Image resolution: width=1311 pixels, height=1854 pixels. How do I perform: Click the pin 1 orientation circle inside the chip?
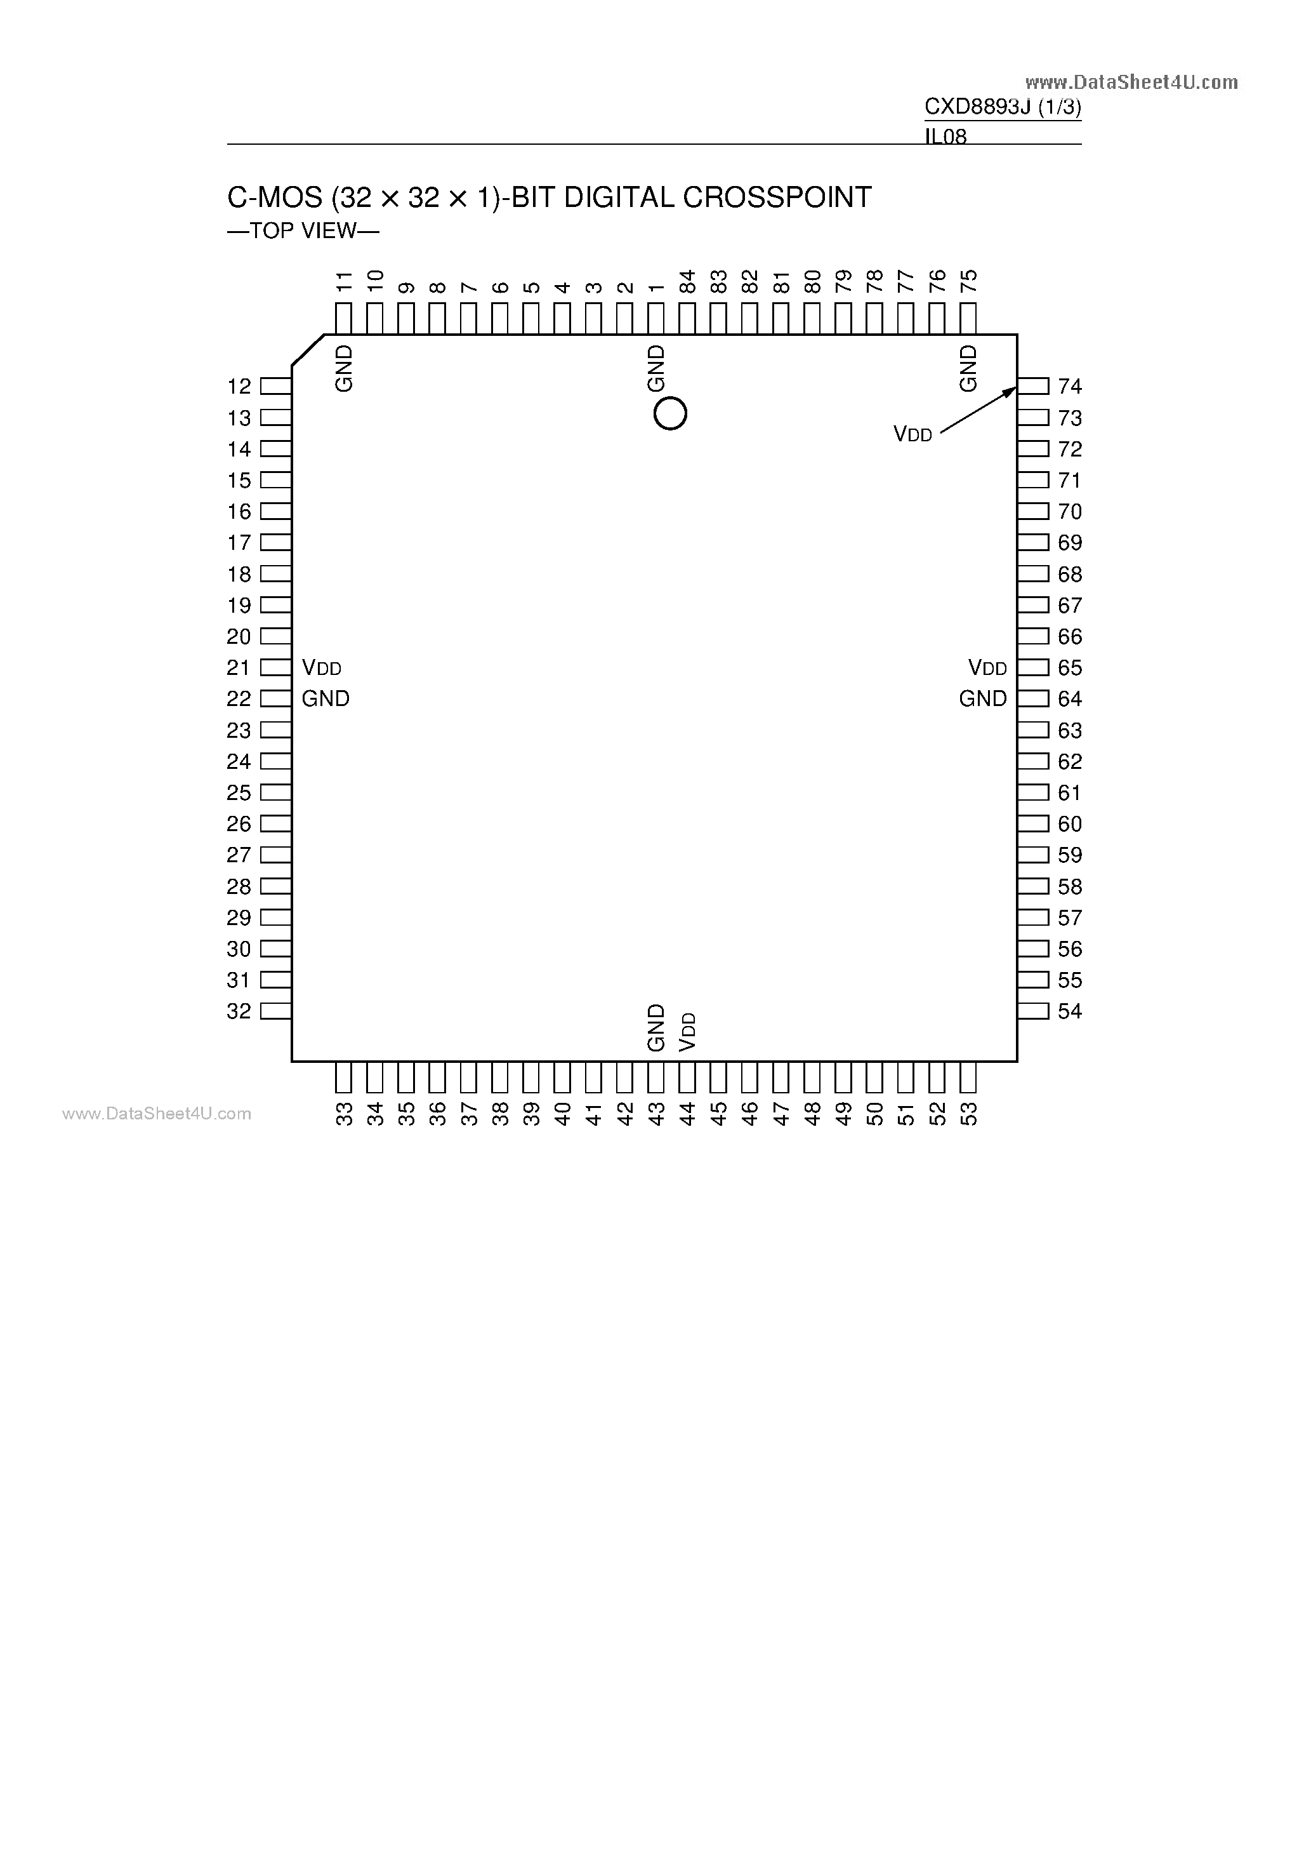click(670, 414)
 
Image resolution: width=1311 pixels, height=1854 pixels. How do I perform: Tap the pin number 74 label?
click(1070, 387)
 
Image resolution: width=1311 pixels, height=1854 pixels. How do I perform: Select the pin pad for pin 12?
click(276, 386)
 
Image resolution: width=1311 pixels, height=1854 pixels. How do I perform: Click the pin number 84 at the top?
click(687, 282)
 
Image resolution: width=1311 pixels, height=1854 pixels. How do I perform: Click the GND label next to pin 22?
click(326, 698)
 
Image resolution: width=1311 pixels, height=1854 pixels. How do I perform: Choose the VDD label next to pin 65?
click(987, 668)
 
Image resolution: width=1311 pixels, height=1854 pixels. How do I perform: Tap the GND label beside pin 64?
click(982, 698)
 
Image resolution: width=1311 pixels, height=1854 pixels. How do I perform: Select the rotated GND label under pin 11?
click(344, 369)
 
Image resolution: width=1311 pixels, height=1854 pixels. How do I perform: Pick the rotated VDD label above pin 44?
click(688, 1032)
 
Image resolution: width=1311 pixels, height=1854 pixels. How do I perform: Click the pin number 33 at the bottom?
click(344, 1114)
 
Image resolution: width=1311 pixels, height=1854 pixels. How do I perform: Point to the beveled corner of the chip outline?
click(308, 350)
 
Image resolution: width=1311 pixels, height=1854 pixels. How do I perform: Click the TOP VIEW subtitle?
click(303, 231)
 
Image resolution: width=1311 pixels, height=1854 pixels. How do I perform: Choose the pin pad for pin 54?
click(1033, 1011)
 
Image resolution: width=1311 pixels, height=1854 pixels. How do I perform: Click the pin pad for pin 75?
click(968, 318)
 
